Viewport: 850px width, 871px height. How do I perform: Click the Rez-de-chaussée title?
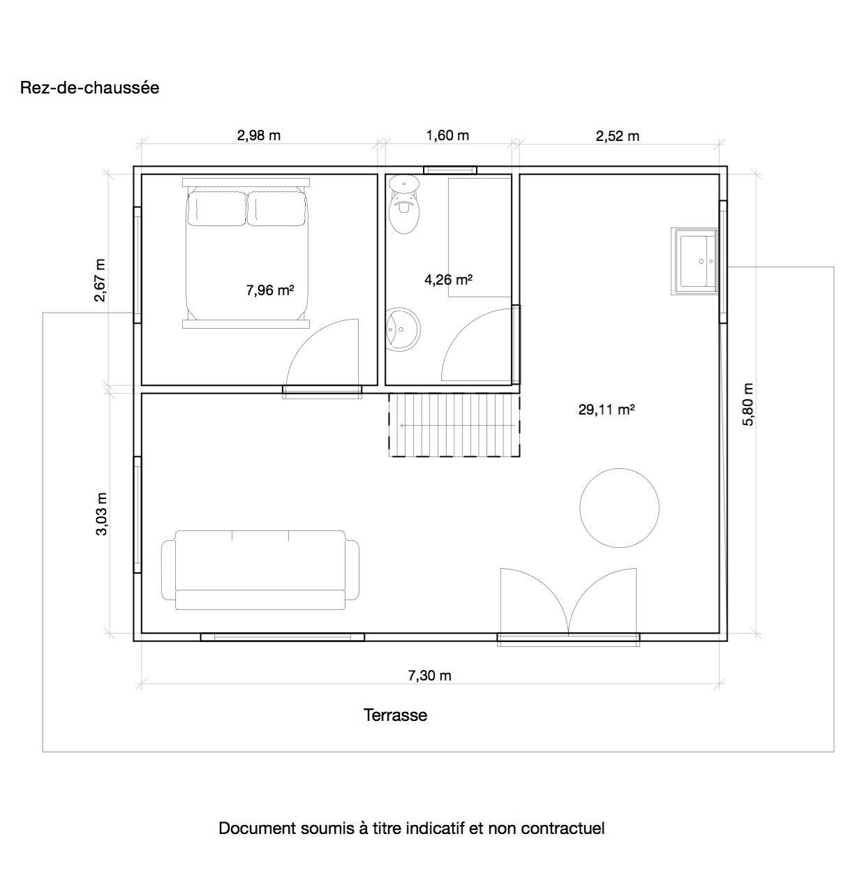pos(89,88)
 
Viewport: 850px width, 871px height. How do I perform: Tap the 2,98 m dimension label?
pos(259,135)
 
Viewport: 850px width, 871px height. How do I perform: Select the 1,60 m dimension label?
pos(447,135)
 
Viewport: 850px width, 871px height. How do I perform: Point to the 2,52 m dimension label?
pos(617,136)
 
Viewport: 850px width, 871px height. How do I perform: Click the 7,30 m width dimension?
pos(429,676)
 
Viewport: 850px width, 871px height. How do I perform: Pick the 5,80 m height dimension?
pos(748,405)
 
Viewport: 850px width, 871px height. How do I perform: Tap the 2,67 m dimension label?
pos(100,280)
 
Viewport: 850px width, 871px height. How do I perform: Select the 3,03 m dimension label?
pos(102,514)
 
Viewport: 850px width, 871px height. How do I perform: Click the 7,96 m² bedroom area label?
pos(270,290)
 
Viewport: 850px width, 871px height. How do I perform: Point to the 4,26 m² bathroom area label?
pos(449,280)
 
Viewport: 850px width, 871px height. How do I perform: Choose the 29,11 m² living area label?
pos(606,409)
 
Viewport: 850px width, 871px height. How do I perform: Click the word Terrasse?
pos(395,715)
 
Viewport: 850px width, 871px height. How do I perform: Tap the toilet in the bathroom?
pos(404,204)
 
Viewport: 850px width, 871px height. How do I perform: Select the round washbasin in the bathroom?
pos(403,329)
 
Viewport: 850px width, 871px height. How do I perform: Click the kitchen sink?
pos(694,262)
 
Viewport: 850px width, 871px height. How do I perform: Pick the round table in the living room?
pos(619,508)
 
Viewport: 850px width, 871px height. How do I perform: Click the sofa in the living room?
pos(260,569)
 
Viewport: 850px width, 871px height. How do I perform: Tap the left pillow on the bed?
pos(217,209)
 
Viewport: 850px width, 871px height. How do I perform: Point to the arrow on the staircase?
pos(458,425)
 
